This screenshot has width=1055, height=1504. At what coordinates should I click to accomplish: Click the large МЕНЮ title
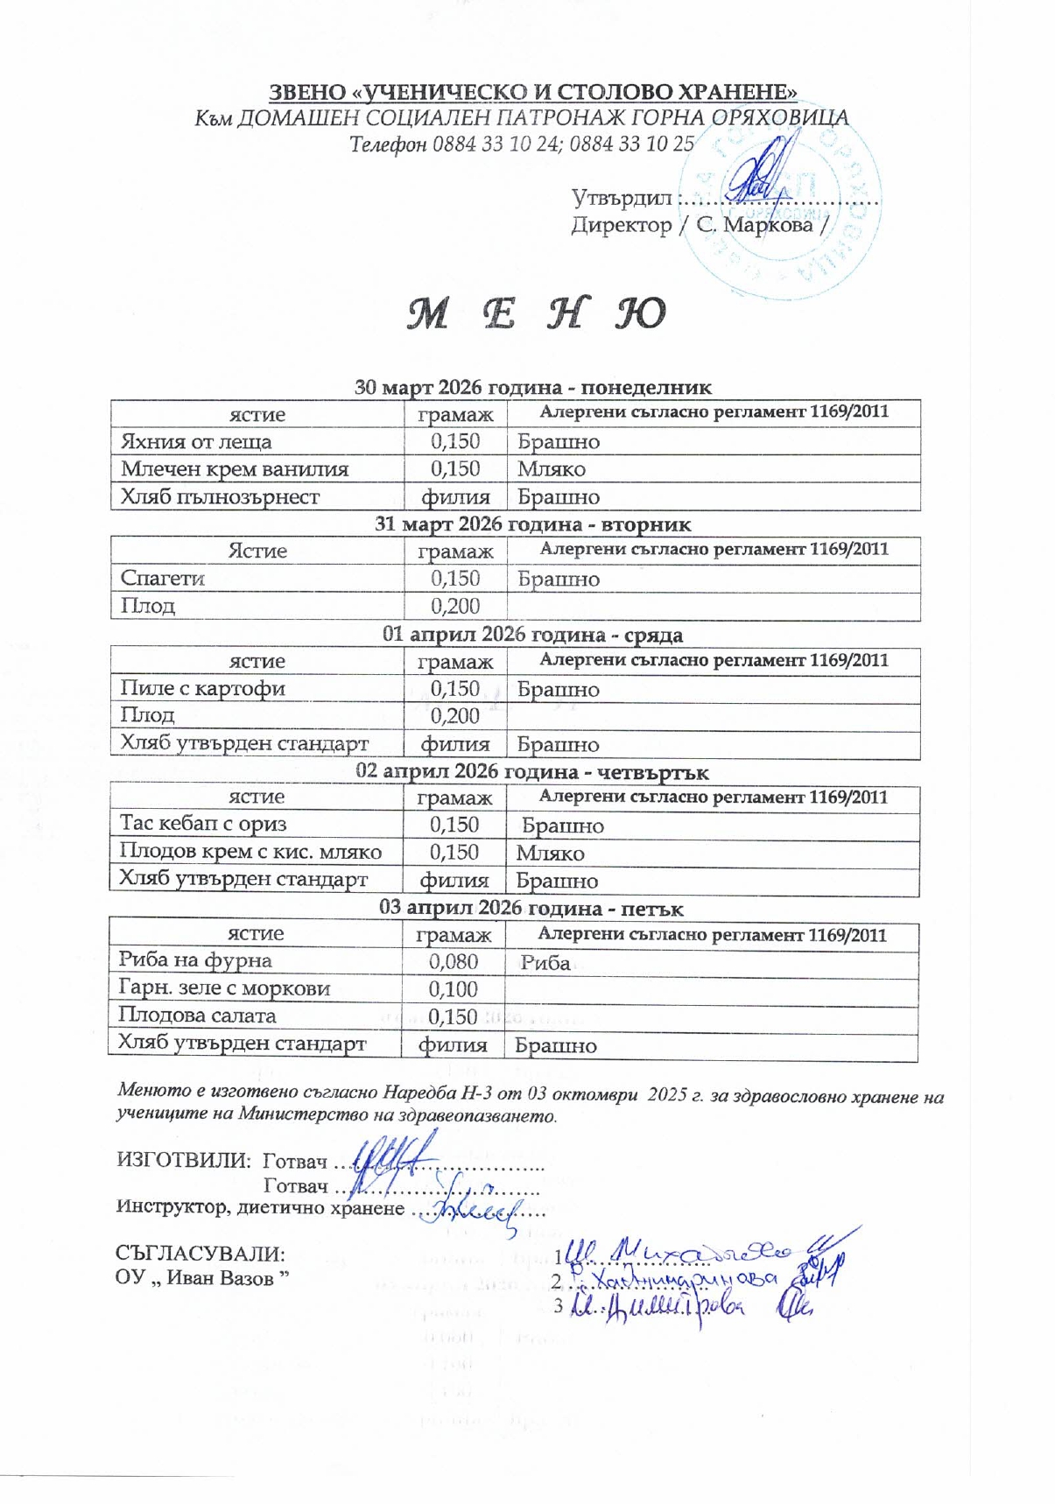[x=536, y=313]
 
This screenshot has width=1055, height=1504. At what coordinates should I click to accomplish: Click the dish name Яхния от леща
[x=196, y=441]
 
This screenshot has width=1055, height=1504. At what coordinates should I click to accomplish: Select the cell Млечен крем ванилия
[x=235, y=469]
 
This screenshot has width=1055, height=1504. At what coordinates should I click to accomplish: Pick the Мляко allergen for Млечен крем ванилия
[x=552, y=469]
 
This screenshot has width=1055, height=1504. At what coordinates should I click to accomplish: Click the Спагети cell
[x=163, y=579]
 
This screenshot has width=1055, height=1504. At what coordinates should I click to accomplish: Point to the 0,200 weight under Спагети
[x=455, y=606]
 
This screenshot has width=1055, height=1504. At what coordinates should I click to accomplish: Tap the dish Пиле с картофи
[x=203, y=689]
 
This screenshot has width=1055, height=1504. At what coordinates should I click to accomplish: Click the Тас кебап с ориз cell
[x=203, y=824]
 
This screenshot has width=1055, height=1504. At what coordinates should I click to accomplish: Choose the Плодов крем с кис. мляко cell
[x=250, y=852]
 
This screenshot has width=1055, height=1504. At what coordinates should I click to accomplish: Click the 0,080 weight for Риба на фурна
[x=454, y=961]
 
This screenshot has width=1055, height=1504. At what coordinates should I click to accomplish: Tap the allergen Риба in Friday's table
[x=545, y=963]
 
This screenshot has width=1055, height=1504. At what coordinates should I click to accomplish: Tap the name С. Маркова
[x=754, y=225]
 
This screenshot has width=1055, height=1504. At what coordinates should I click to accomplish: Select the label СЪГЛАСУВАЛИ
[x=200, y=1254]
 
